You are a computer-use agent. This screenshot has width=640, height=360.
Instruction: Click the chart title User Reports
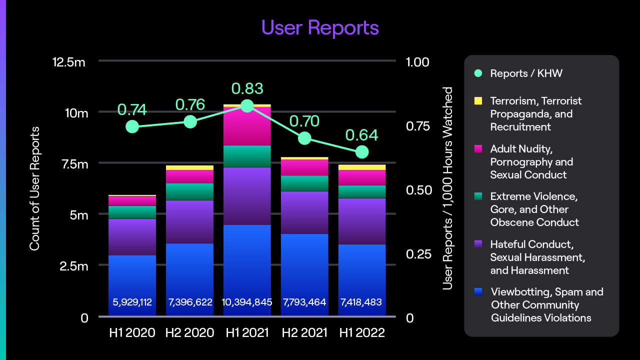pyautogui.click(x=320, y=27)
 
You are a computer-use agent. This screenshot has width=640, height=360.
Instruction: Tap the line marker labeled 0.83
pyautogui.click(x=247, y=106)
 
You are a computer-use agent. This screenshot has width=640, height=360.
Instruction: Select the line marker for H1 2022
pyautogui.click(x=362, y=152)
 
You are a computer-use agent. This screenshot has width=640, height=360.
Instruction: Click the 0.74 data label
pyautogui.click(x=132, y=109)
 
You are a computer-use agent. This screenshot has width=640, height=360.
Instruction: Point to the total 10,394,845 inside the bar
pyautogui.click(x=247, y=302)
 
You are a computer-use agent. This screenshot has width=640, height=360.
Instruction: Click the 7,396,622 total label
pyautogui.click(x=190, y=302)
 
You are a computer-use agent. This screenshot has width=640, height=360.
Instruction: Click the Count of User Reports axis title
pyautogui.click(x=34, y=189)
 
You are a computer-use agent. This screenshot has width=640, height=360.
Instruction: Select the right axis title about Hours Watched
pyautogui.click(x=447, y=189)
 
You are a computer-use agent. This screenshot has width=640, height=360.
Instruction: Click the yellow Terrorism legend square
pyautogui.click(x=478, y=101)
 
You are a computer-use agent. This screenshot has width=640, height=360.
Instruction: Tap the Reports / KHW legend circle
pyautogui.click(x=478, y=73)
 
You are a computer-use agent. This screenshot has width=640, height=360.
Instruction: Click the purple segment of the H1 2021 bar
pyautogui.click(x=247, y=196)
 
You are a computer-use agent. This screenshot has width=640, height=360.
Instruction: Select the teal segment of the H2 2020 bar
pyautogui.click(x=190, y=191)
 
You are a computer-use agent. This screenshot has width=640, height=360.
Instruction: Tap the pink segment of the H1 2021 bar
pyautogui.click(x=247, y=126)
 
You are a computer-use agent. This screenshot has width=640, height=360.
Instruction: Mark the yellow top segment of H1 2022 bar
pyautogui.click(x=362, y=167)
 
